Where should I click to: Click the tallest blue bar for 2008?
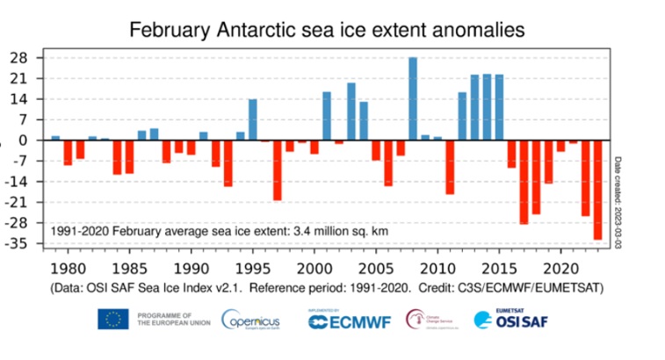[413, 98]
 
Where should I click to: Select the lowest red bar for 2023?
[597, 190]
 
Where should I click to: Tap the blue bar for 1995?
[253, 119]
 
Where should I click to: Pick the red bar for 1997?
[278, 170]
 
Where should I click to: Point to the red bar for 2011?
[450, 167]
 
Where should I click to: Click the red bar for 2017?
[524, 182]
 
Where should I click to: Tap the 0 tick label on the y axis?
[25, 140]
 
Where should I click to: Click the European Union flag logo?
[113, 319]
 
